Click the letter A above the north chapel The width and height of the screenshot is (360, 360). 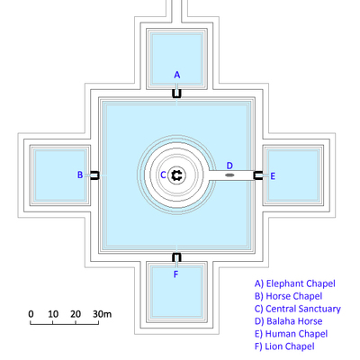pyautogui.click(x=177, y=75)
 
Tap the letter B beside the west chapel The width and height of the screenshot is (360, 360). pyautogui.click(x=80, y=175)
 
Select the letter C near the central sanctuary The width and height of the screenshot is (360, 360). pyautogui.click(x=163, y=175)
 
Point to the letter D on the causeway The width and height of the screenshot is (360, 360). pyautogui.click(x=229, y=166)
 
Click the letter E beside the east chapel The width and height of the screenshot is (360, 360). pyautogui.click(x=273, y=176)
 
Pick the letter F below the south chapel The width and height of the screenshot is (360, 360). pyautogui.click(x=176, y=274)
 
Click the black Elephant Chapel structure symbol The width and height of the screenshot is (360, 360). pyautogui.click(x=176, y=94)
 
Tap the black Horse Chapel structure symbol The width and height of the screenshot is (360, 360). pyautogui.click(x=94, y=175)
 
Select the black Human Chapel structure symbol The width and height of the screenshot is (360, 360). pyautogui.click(x=257, y=175)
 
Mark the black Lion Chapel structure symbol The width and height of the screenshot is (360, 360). pyautogui.click(x=176, y=257)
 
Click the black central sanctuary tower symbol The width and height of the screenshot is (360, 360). pyautogui.click(x=176, y=175)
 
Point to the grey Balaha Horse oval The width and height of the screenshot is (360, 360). pyautogui.click(x=229, y=175)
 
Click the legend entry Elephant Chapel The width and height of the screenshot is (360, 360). pyautogui.click(x=295, y=283)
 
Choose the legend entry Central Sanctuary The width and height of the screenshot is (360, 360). pyautogui.click(x=298, y=309)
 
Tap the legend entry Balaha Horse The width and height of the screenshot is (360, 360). pyautogui.click(x=289, y=321)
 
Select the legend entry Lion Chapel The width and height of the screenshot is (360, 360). pyautogui.click(x=284, y=346)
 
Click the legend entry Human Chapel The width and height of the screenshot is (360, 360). pyautogui.click(x=291, y=334)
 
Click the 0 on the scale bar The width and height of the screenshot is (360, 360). pyautogui.click(x=31, y=314)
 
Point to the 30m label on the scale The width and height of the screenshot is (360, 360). pyautogui.click(x=102, y=314)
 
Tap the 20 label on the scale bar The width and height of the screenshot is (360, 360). pyautogui.click(x=76, y=314)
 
